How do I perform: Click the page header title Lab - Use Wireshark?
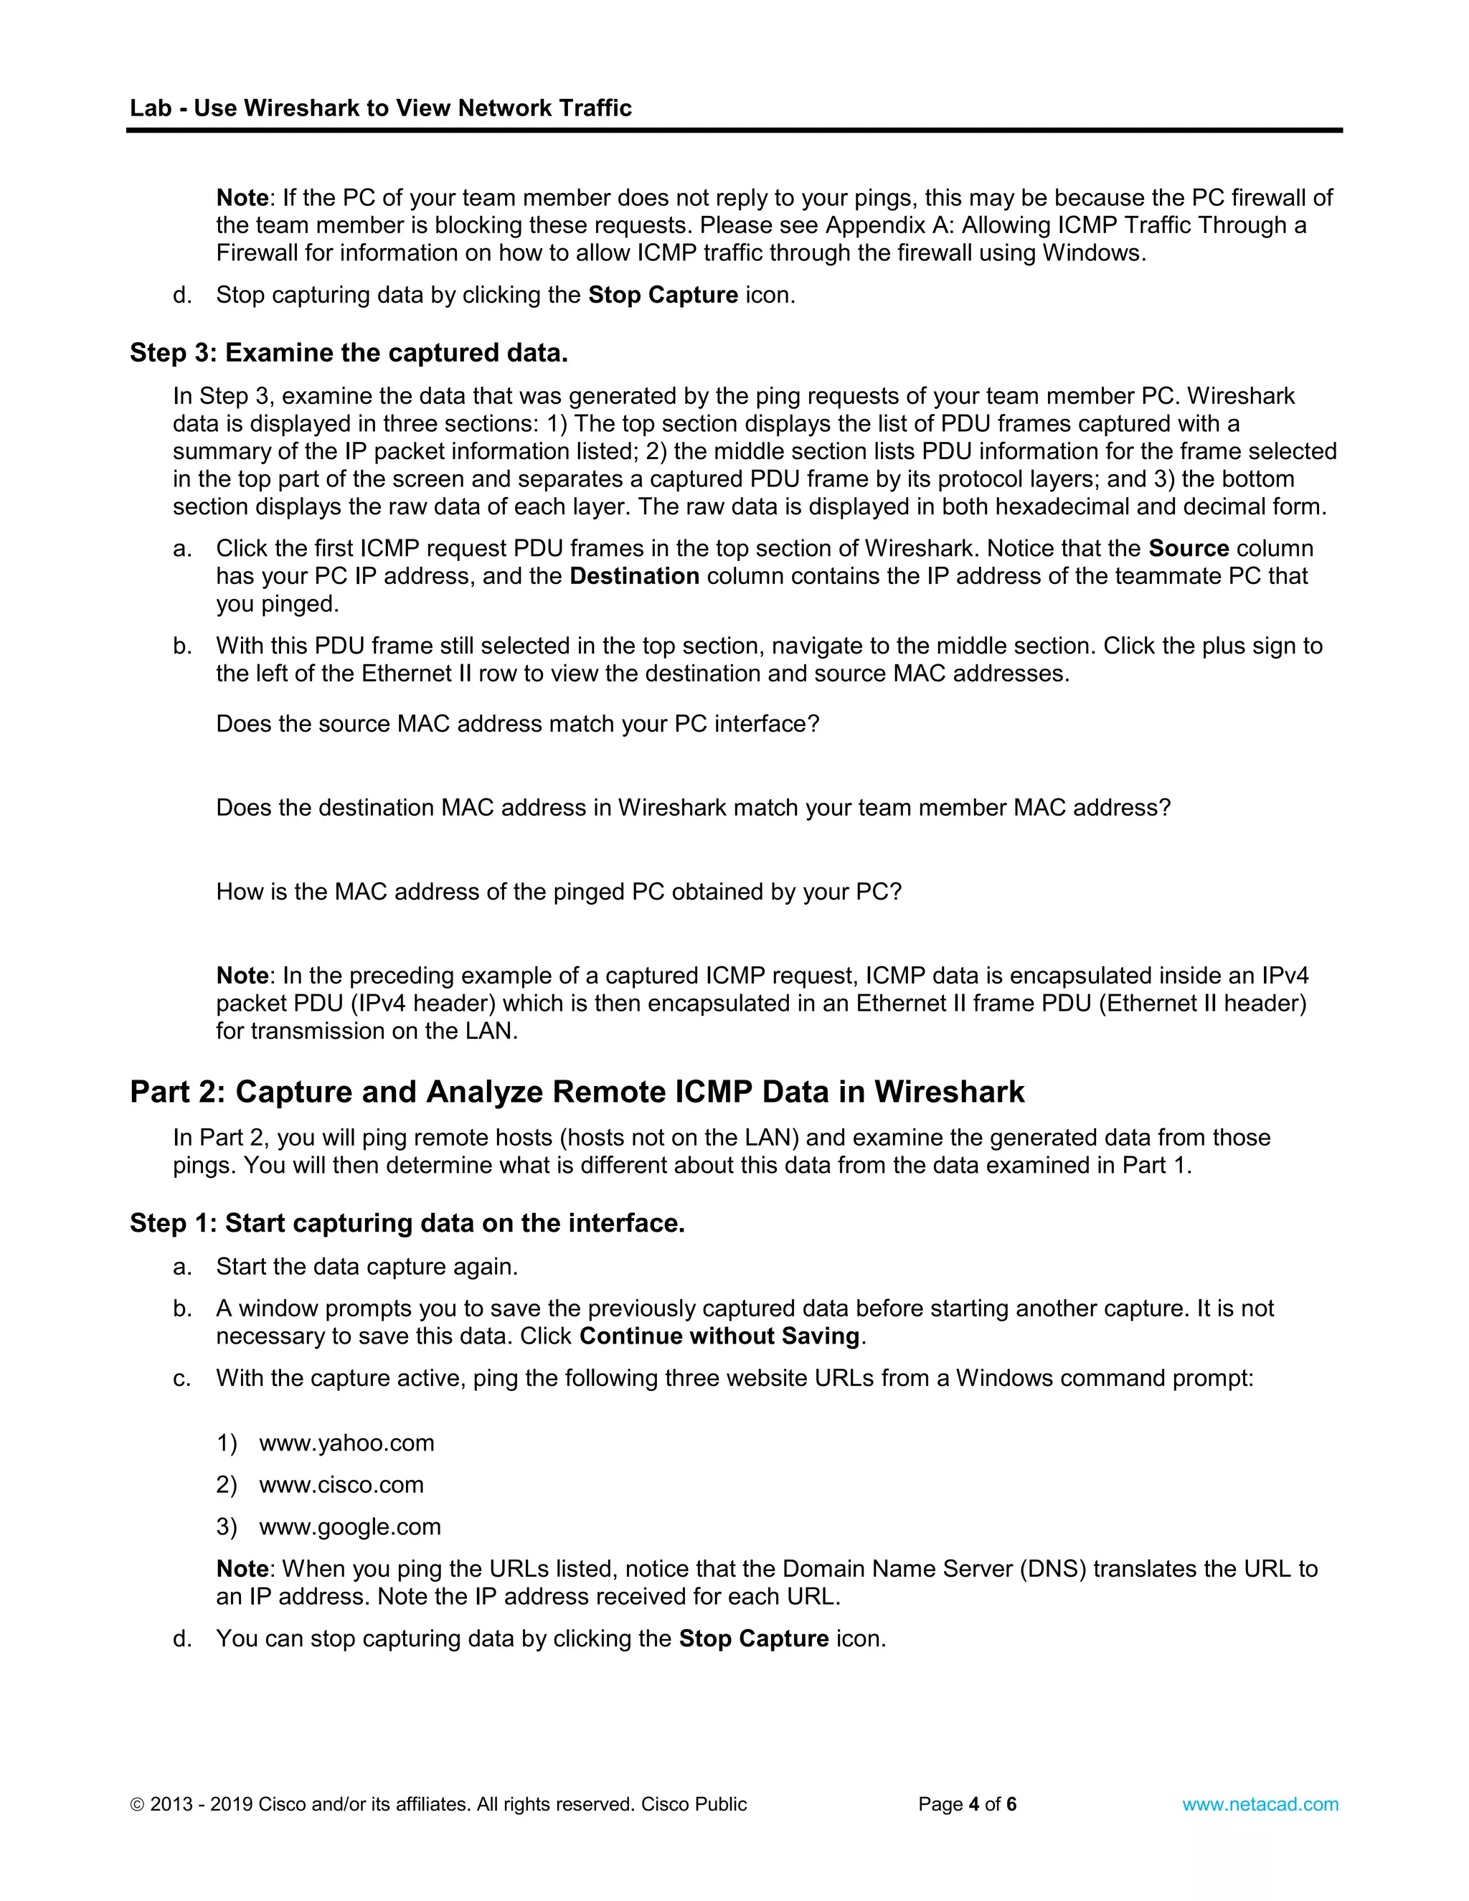(380, 108)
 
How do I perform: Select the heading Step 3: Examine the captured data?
(348, 352)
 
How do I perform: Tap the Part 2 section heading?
(576, 1092)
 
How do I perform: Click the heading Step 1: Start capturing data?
(407, 1223)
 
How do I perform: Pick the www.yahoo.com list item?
(346, 1443)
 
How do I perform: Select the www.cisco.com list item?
(341, 1484)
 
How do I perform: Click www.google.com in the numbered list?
(350, 1526)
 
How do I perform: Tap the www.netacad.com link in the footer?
(1260, 1804)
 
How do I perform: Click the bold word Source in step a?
(1188, 548)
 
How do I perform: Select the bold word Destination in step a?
(634, 576)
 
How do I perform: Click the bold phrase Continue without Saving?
(719, 1336)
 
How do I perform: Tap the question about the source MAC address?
(518, 725)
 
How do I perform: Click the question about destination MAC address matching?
(693, 808)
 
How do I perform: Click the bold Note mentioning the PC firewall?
(242, 197)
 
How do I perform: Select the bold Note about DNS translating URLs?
(242, 1568)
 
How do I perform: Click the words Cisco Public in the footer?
(694, 1804)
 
